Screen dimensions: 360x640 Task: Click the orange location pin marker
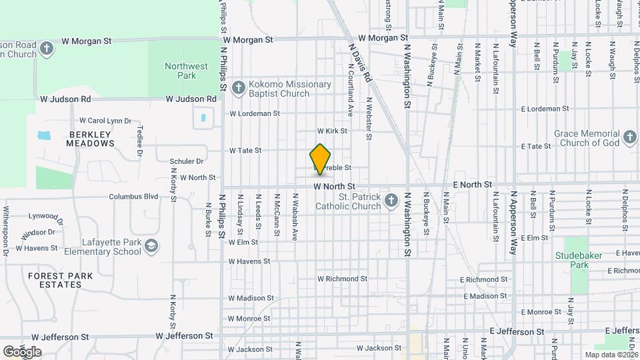(x=321, y=159)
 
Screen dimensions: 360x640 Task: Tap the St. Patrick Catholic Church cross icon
(x=392, y=199)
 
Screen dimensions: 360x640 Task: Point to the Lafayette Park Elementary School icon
(x=151, y=247)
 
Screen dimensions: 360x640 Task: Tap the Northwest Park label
(x=187, y=71)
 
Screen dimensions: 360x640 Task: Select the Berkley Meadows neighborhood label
(x=91, y=139)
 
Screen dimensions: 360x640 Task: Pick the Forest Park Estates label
(x=55, y=280)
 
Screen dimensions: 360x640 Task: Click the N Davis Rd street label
(x=359, y=63)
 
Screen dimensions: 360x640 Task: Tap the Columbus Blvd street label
(x=133, y=197)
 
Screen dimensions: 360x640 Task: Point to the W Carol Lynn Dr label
(x=105, y=121)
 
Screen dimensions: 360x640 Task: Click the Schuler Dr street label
(x=187, y=161)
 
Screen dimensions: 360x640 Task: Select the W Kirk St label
(x=332, y=131)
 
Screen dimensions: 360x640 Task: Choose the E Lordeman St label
(x=545, y=108)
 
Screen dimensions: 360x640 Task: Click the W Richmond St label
(x=342, y=279)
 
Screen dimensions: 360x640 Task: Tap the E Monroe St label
(x=541, y=312)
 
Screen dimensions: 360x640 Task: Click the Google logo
(x=22, y=351)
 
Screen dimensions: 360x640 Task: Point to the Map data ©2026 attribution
(x=611, y=355)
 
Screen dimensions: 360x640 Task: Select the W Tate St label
(x=245, y=151)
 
